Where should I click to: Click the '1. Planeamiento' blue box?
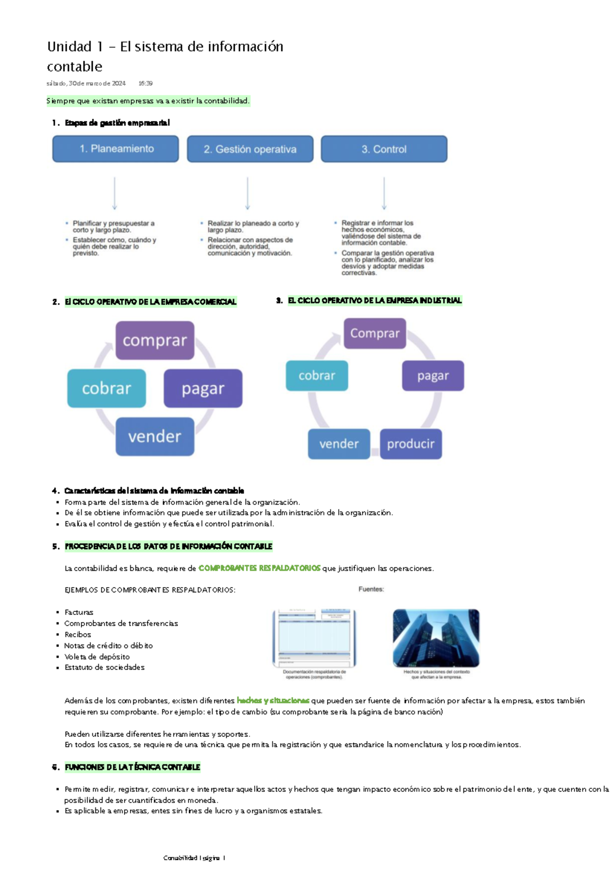(116, 149)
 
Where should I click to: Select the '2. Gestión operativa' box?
(250, 150)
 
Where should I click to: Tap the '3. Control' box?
(384, 150)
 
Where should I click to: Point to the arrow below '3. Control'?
(384, 194)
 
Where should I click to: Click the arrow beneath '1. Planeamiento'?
(114, 194)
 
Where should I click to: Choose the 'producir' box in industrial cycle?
(411, 444)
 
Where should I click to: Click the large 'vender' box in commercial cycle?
(155, 437)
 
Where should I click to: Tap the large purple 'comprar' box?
(155, 340)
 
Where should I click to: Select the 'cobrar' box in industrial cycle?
(317, 376)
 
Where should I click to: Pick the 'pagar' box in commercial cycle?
(203, 388)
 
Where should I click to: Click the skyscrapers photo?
(436, 638)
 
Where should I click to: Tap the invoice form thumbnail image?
(314, 638)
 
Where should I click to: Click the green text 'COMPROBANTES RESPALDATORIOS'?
(259, 568)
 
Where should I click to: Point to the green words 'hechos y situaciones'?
(273, 700)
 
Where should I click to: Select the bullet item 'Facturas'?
(79, 612)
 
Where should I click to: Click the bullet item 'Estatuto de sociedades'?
(105, 667)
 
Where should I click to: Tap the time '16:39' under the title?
(146, 83)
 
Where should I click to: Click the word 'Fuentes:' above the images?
(371, 589)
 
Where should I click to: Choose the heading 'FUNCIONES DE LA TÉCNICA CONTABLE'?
(132, 767)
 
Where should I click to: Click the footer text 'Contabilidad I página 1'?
(194, 858)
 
